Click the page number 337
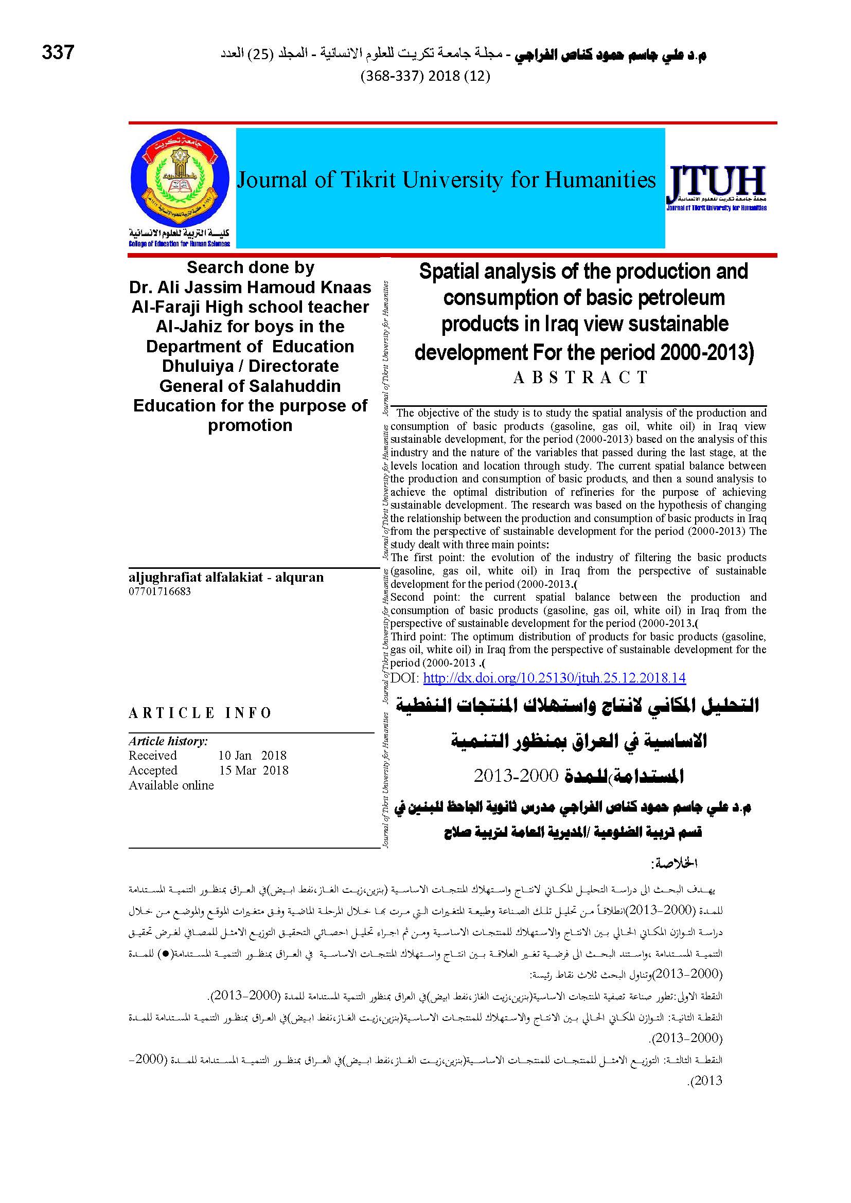(58, 52)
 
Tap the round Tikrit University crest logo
(179, 178)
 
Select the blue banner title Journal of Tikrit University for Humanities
(447, 180)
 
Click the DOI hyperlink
(554, 678)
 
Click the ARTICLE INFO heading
(200, 713)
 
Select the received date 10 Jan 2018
(253, 756)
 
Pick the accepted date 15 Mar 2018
(253, 770)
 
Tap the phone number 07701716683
(159, 591)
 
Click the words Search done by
(251, 267)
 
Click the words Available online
(171, 785)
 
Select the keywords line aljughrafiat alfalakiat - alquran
(226, 578)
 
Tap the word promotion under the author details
(250, 425)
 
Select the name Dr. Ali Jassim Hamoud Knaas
(250, 287)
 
